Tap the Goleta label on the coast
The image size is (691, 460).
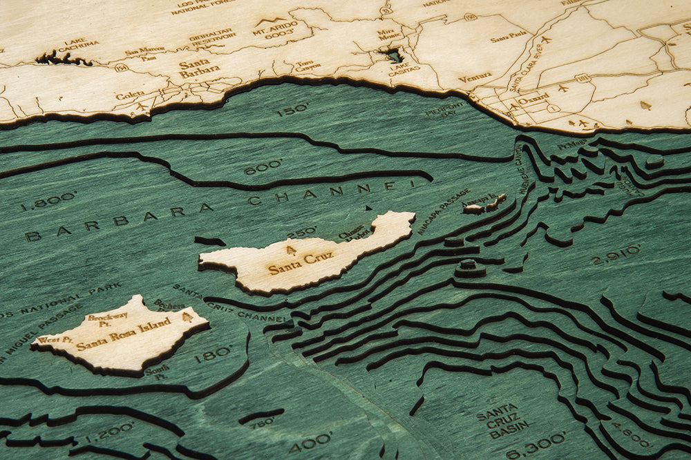coord(130,95)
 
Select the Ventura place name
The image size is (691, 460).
coord(475,77)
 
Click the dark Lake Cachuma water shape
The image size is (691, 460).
coord(62,59)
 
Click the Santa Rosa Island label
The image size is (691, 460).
coord(124,335)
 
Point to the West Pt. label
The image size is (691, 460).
coord(55,339)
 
